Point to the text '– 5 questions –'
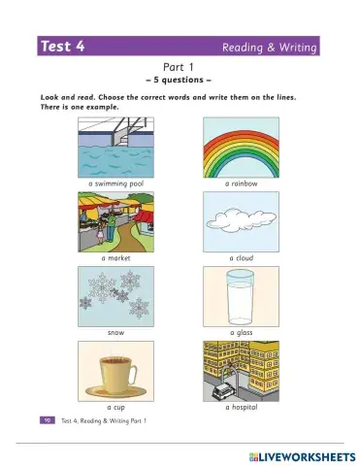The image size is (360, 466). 180,80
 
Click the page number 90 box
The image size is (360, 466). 46,420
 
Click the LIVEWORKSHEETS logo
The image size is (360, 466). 288,454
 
